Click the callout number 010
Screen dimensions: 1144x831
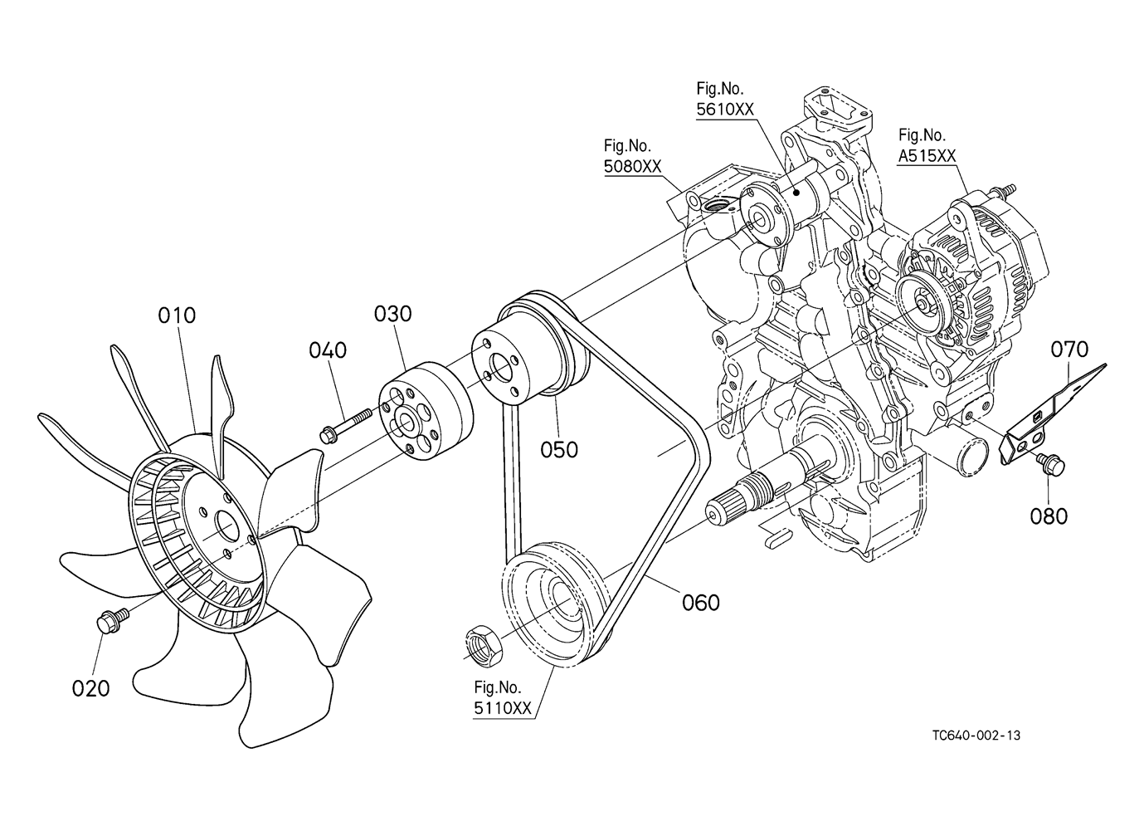(177, 315)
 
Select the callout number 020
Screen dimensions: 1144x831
(91, 688)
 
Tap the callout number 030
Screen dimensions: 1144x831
(392, 314)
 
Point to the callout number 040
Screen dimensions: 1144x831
(328, 350)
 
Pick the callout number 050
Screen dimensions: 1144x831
(559, 450)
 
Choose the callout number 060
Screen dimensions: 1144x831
(701, 603)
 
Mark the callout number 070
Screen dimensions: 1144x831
(1069, 350)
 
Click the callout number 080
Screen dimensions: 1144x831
(1049, 516)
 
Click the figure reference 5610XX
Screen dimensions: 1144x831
(725, 110)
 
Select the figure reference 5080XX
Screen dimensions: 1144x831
(633, 166)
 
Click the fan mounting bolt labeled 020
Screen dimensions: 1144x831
(113, 621)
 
